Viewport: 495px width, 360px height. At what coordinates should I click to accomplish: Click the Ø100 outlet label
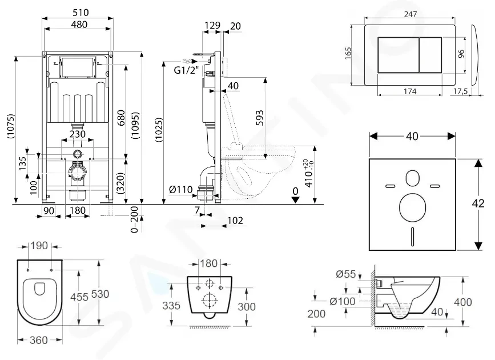(347, 301)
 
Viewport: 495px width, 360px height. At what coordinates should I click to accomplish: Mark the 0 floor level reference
(295, 190)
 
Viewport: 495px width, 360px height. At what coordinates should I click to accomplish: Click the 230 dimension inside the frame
(78, 134)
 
